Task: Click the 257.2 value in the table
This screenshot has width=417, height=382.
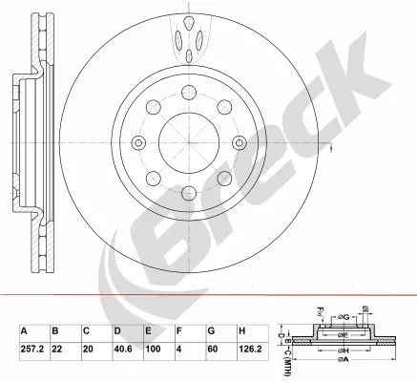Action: tap(31, 349)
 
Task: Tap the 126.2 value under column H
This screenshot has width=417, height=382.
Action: tap(250, 349)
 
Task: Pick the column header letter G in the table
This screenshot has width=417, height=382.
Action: tap(211, 331)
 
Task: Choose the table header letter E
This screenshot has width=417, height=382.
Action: tap(148, 331)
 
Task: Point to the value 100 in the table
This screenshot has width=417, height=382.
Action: tap(154, 349)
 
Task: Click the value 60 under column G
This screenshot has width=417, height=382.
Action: tap(213, 349)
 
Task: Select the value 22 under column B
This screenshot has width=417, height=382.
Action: tap(57, 349)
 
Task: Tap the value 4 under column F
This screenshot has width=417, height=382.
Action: tap(179, 349)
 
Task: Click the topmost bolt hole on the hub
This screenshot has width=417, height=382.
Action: tap(189, 92)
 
